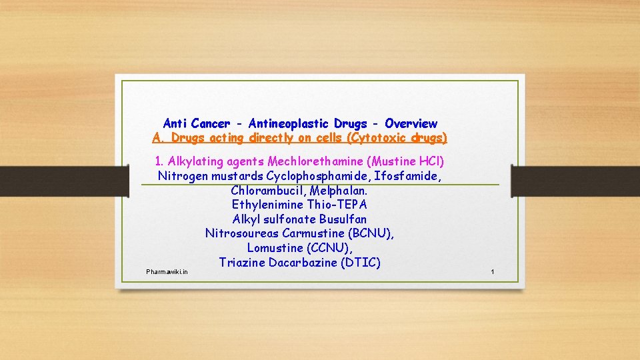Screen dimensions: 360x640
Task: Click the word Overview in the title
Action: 411,123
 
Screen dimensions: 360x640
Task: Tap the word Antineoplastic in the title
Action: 289,123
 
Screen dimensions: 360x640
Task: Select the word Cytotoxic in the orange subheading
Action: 370,138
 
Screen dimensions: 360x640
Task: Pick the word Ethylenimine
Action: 268,205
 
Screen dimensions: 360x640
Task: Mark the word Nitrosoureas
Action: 243,233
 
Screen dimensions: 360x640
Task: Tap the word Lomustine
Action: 275,248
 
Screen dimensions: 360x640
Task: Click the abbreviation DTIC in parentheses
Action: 360,263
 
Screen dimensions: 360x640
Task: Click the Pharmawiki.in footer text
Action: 167,272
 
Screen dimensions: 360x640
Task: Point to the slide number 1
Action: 492,272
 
